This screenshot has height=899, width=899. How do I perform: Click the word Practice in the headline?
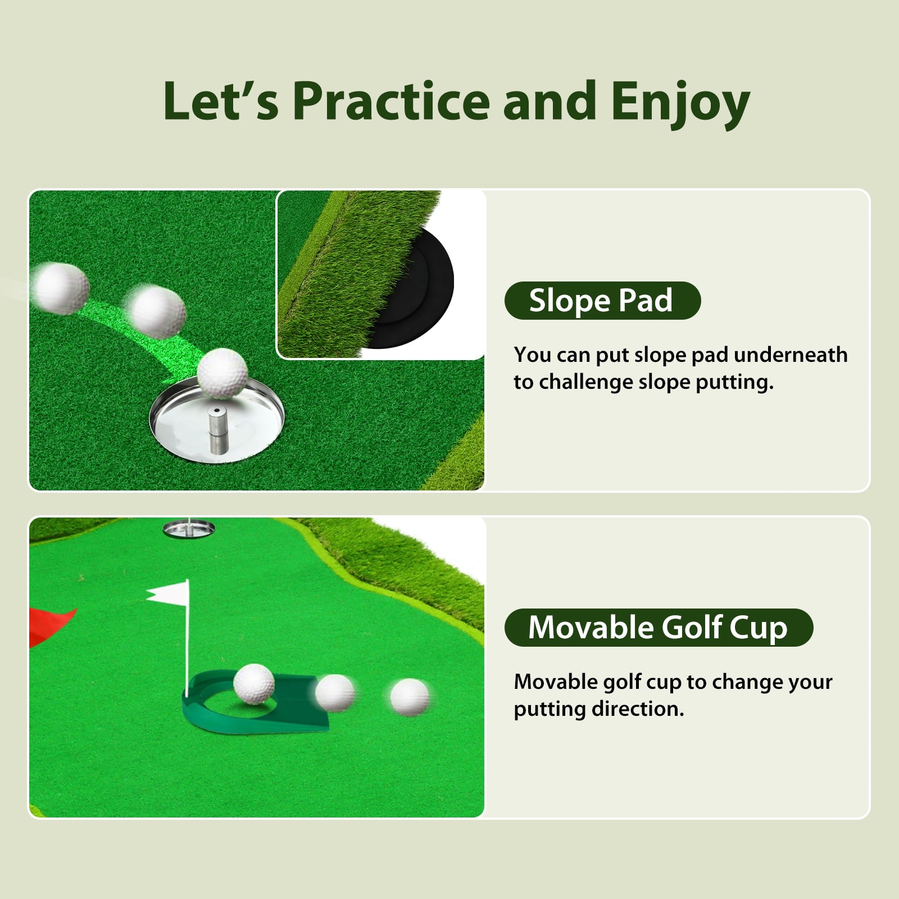click(392, 101)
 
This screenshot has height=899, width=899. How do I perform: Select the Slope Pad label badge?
click(603, 301)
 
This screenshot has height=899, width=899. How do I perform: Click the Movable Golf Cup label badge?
click(659, 627)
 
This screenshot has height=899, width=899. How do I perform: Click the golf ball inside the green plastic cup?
click(254, 683)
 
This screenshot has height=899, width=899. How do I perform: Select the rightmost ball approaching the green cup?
click(410, 697)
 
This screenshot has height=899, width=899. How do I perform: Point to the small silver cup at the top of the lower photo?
click(188, 528)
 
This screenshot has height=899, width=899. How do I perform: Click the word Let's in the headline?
click(221, 101)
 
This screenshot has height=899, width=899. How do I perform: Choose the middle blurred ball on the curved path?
click(157, 311)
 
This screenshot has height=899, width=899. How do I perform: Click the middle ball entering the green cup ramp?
click(335, 693)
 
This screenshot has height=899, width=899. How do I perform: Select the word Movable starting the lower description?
click(556, 682)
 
